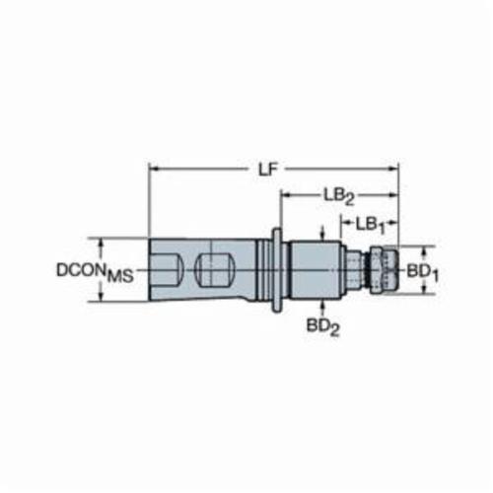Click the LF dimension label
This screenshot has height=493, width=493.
tap(267, 170)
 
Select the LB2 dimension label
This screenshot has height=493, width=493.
tap(339, 197)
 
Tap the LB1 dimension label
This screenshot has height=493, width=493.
tap(371, 226)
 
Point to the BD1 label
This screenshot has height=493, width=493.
tap(423, 273)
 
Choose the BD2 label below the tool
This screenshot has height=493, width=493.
tap(322, 326)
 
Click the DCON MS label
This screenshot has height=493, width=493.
tap(96, 272)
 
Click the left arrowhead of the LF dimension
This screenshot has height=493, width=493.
tap(154, 170)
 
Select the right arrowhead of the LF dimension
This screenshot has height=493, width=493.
tap(393, 170)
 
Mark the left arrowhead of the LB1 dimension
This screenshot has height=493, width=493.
tap(346, 224)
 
